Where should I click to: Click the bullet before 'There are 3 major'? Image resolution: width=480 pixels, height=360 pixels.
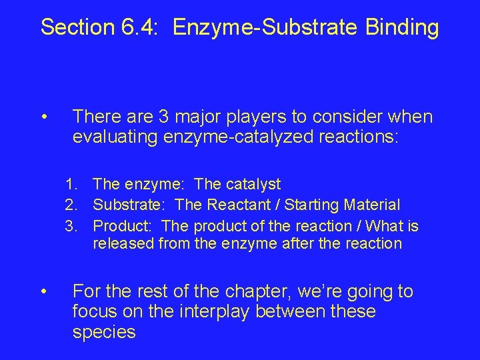[43, 118]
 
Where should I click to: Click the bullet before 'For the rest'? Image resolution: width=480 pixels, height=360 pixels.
[43, 292]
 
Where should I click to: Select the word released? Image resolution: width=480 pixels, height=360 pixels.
[121, 244]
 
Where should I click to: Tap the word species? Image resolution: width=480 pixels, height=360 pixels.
[103, 333]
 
